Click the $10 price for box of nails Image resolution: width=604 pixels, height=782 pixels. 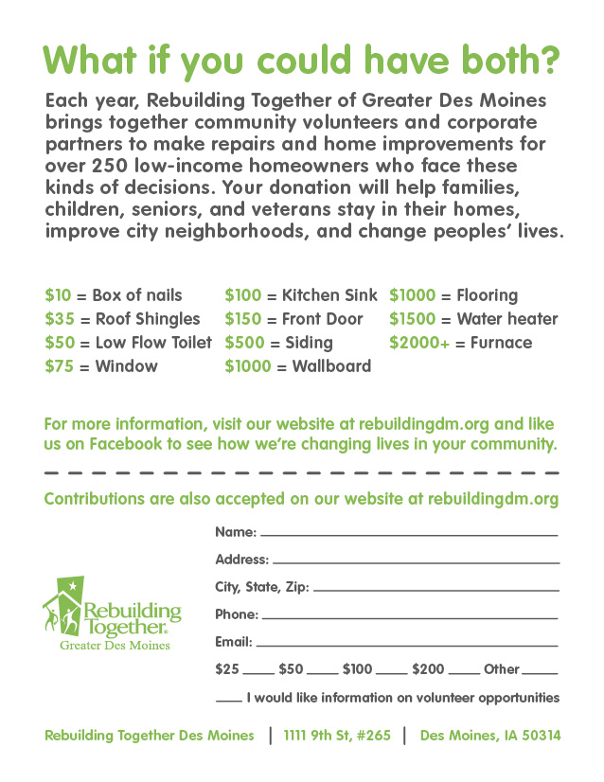(x=57, y=295)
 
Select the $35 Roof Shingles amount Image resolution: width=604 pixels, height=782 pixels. (x=57, y=319)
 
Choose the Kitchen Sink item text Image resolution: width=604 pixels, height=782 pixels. (x=329, y=295)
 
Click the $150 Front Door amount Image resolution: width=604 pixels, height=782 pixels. (x=243, y=319)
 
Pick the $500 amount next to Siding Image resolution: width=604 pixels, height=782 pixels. (x=243, y=343)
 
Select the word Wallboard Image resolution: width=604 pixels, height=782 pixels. (x=331, y=366)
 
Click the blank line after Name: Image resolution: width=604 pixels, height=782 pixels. (x=409, y=535)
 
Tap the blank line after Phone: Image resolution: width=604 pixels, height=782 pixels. (x=409, y=617)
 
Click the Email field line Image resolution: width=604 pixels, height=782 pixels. (x=407, y=645)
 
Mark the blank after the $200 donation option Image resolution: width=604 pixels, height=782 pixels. (x=464, y=672)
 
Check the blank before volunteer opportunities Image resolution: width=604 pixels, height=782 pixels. (x=228, y=701)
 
